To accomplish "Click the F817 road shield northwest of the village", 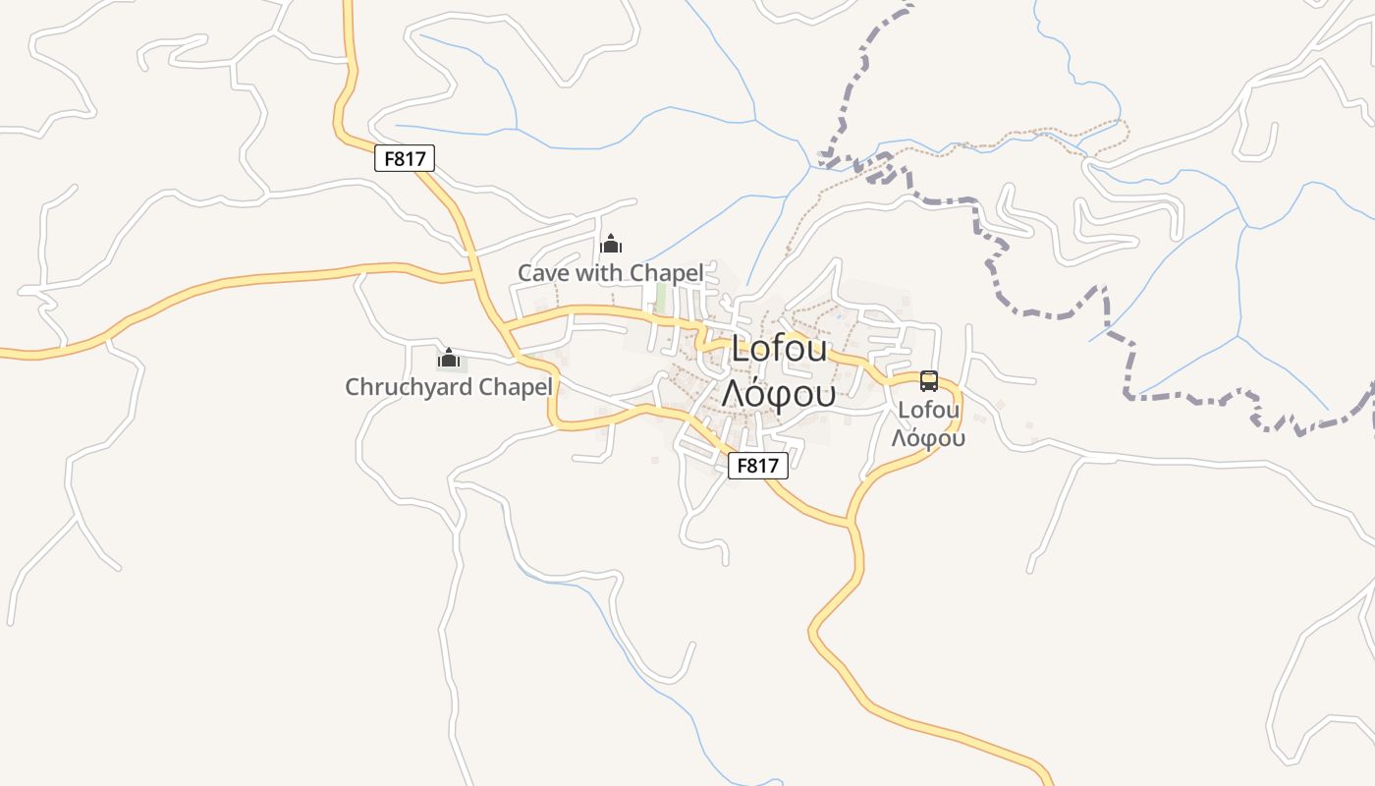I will pyautogui.click(x=405, y=158).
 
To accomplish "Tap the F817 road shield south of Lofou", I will pyautogui.click(x=757, y=466).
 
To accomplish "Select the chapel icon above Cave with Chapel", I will pyautogui.click(x=611, y=244).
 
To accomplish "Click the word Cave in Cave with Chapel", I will pyautogui.click(x=543, y=273).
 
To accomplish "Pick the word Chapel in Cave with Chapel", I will pyautogui.click(x=667, y=273).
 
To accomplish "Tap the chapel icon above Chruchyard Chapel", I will pyautogui.click(x=449, y=358).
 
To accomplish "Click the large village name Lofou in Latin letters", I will pyautogui.click(x=780, y=350).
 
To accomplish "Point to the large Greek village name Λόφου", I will pyautogui.click(x=779, y=392).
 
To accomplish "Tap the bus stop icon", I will pyautogui.click(x=928, y=381).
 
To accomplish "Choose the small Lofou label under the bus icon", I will pyautogui.click(x=928, y=410).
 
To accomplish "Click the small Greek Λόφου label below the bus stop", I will pyautogui.click(x=928, y=438).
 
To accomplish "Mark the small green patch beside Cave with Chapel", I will pyautogui.click(x=661, y=297).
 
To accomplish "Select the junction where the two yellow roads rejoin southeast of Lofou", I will pyautogui.click(x=851, y=521).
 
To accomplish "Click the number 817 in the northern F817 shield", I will pyautogui.click(x=411, y=158).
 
